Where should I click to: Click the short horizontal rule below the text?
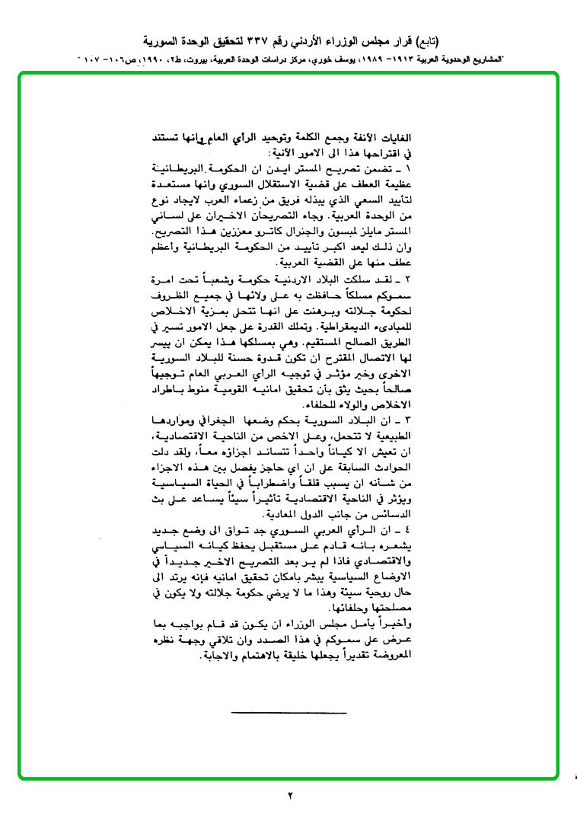[x=288, y=713]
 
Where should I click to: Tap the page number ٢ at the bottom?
[x=290, y=796]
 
